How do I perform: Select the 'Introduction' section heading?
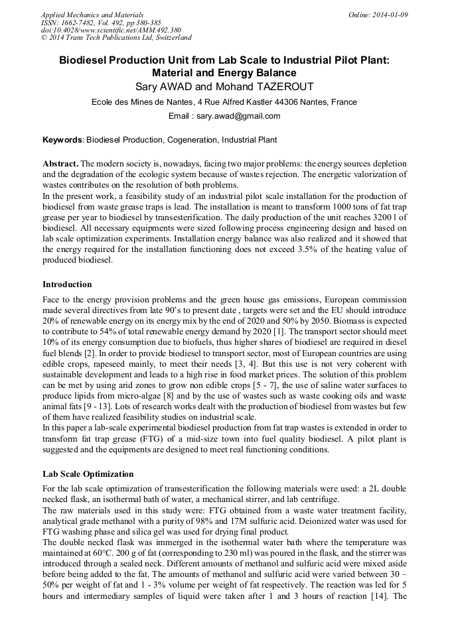(x=67, y=285)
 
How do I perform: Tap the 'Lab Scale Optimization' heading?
(x=88, y=474)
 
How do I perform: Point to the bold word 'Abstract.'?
(x=60, y=163)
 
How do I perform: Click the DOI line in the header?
(x=111, y=31)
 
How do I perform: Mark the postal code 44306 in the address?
(x=287, y=102)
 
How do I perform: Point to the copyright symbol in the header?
(x=44, y=38)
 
